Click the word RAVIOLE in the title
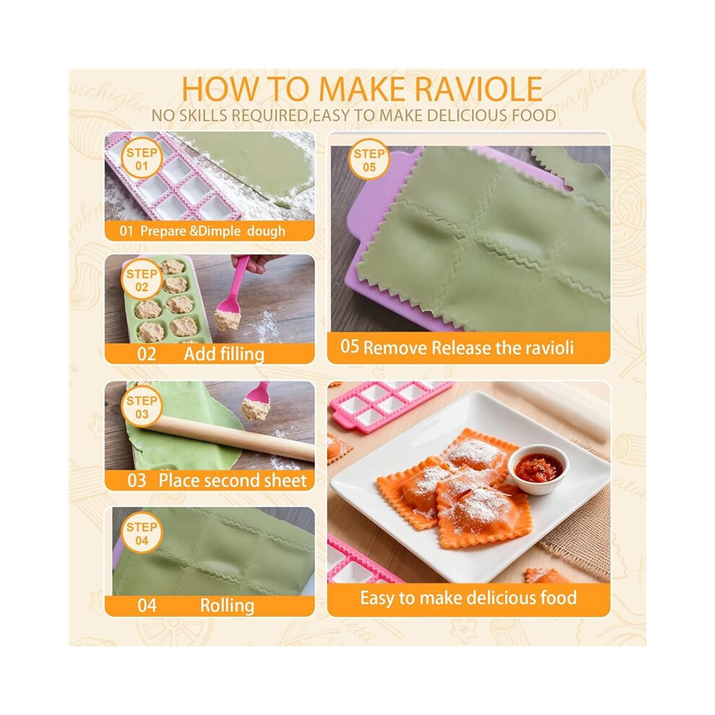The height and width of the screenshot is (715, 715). (479, 89)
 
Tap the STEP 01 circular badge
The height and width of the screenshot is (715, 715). (142, 159)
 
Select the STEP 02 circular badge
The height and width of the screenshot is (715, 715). (142, 280)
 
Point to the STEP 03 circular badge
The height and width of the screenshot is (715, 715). (142, 407)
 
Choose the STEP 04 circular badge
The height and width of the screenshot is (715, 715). (142, 533)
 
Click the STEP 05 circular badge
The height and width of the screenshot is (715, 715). (369, 160)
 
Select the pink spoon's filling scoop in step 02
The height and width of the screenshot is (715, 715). (227, 318)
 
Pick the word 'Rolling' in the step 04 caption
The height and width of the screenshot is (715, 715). (227, 605)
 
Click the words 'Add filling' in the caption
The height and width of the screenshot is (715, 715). (224, 354)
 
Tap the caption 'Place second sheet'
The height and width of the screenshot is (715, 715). (233, 480)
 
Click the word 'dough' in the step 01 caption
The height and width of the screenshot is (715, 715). (266, 231)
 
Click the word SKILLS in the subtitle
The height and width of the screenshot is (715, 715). (204, 116)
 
